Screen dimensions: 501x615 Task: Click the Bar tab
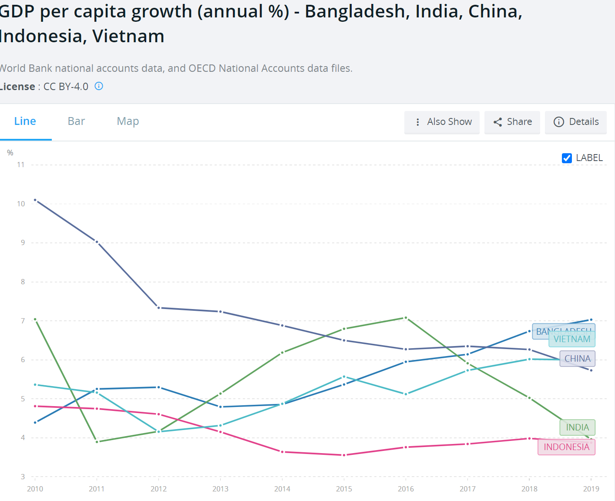(76, 121)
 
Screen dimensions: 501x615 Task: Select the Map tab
(128, 121)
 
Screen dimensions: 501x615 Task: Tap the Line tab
(25, 121)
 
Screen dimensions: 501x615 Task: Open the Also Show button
(442, 122)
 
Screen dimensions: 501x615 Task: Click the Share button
(512, 122)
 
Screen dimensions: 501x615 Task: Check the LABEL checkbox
(567, 158)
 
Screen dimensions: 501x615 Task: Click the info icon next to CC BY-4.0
(99, 86)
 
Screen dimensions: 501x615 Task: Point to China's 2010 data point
(35, 200)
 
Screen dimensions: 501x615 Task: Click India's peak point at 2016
(406, 318)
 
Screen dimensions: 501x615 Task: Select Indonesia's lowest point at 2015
(344, 455)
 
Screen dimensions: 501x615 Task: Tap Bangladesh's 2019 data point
(591, 320)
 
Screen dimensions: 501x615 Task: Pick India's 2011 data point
(97, 442)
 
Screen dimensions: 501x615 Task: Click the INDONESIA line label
(566, 447)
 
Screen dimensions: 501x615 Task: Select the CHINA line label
(577, 359)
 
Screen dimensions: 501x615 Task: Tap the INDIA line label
(577, 427)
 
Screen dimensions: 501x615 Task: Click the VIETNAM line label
(572, 339)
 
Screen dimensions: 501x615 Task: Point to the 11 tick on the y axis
(20, 165)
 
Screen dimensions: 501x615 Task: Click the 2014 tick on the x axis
(282, 489)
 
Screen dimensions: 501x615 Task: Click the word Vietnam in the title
(128, 36)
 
